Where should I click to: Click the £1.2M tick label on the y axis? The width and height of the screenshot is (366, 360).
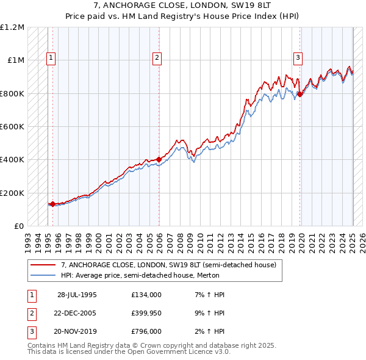pos(12,27)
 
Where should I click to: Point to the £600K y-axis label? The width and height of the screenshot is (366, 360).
pos(12,127)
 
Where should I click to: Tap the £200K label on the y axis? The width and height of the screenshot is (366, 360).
pos(12,193)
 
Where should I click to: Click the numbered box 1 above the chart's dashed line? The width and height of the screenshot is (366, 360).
pos(50,58)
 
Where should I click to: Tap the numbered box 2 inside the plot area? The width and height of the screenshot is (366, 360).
pos(157,58)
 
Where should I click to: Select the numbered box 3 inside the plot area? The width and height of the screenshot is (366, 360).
pos(298,58)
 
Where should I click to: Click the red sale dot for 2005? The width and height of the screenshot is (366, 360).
pos(159,160)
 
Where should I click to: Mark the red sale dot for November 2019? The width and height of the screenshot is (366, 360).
pos(300,94)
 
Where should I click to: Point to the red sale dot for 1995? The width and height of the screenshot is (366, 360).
pos(52,204)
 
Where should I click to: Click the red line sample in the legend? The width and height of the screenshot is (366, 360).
pos(43,265)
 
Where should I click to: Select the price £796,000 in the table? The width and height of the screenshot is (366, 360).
pos(146,332)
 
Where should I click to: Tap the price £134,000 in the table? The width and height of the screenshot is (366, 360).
pos(146,294)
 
